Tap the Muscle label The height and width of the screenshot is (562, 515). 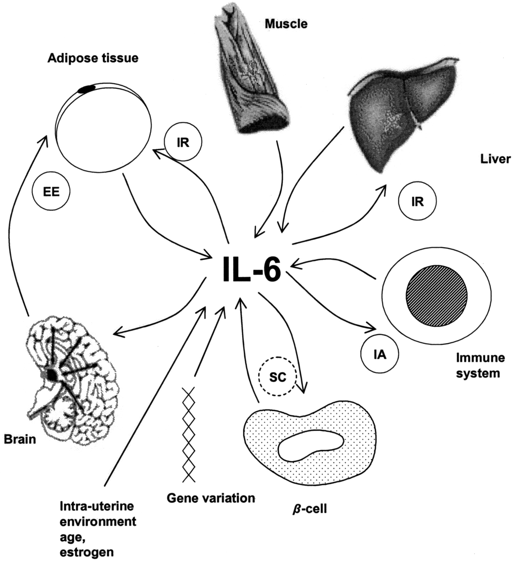pos(286,24)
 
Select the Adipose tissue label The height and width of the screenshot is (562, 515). pos(93,58)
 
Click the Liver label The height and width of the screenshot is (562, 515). pos(495,160)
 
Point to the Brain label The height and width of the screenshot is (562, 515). pos(20,440)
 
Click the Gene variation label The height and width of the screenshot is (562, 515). pos(211,498)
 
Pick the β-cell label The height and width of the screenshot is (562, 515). pos(310,509)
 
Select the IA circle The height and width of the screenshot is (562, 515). pos(380,355)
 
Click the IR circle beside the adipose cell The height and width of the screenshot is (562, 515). pos(183,143)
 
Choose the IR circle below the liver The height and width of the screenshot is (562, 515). pos(417,202)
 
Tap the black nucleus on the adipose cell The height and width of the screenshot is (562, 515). pos(87,89)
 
